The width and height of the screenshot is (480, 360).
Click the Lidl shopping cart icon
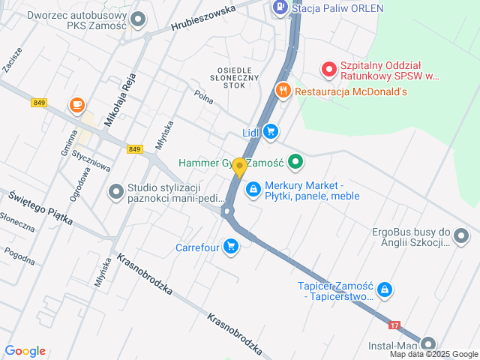[271, 133]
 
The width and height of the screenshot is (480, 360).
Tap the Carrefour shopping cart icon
[230, 246]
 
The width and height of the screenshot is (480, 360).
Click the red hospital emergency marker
[328, 70]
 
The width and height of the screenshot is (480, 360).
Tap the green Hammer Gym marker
[295, 161]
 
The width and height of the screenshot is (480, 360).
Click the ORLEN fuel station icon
[280, 8]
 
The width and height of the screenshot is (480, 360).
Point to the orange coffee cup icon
[76, 106]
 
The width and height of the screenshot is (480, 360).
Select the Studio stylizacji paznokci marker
[115, 192]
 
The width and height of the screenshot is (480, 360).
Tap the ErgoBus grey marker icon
[461, 238]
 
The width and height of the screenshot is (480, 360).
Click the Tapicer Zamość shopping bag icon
[384, 289]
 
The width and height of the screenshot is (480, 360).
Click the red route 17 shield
[395, 325]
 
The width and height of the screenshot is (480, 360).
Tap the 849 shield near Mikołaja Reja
[134, 149]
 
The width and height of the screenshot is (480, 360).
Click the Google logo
[25, 351]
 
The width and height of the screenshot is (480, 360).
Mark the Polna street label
[203, 96]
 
